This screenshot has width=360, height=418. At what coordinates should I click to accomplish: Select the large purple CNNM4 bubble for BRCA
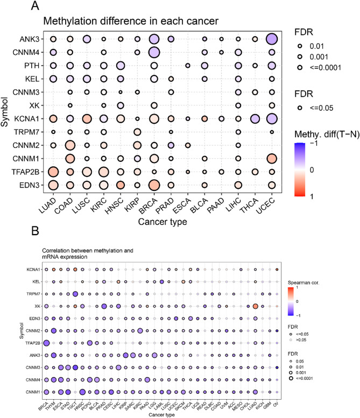click(154, 52)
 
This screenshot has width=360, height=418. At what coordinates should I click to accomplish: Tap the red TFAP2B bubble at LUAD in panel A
click(53, 172)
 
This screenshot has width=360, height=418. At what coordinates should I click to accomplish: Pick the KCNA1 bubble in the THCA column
click(255, 119)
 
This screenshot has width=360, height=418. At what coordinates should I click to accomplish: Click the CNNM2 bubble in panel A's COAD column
click(70, 145)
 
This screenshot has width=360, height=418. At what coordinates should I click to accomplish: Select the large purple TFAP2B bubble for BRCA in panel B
click(46, 343)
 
